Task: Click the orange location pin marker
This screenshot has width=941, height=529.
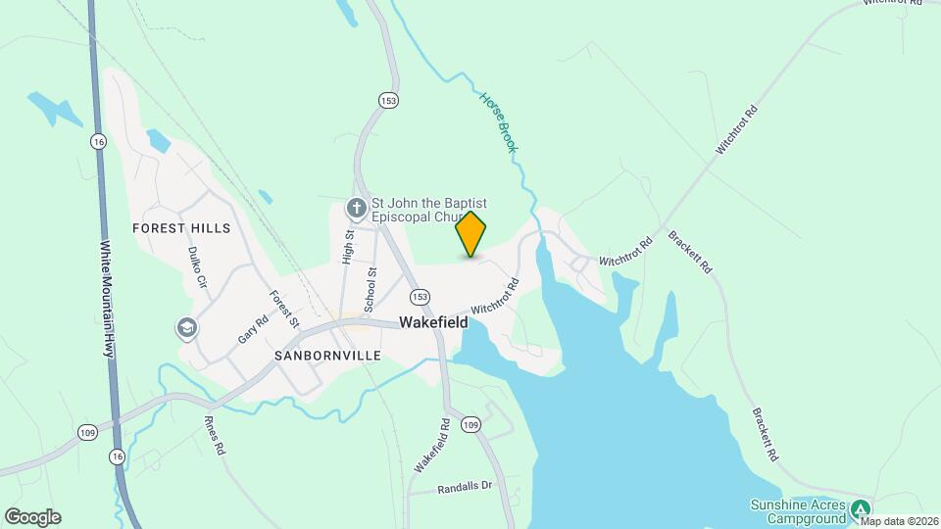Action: pyautogui.click(x=470, y=234)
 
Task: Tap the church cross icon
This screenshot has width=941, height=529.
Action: pyautogui.click(x=357, y=208)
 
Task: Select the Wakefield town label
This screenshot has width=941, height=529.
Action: pyautogui.click(x=439, y=322)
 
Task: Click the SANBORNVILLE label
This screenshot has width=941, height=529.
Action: pyautogui.click(x=327, y=356)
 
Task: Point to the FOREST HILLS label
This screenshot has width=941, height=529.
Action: pyautogui.click(x=182, y=228)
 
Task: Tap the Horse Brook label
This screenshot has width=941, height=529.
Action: pyautogui.click(x=498, y=122)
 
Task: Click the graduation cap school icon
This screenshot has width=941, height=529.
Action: pyautogui.click(x=185, y=327)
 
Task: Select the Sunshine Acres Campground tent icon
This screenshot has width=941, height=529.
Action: pyautogui.click(x=861, y=508)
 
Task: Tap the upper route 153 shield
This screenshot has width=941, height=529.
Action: pyautogui.click(x=388, y=99)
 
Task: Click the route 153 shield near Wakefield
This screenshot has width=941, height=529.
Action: pyautogui.click(x=421, y=297)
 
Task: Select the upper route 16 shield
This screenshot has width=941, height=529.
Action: pyautogui.click(x=97, y=141)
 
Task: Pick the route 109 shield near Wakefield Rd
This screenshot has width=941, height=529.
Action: pyautogui.click(x=471, y=424)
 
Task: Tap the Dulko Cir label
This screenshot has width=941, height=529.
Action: pyautogui.click(x=197, y=265)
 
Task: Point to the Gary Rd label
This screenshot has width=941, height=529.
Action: pyautogui.click(x=252, y=328)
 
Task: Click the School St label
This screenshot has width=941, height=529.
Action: pyautogui.click(x=371, y=290)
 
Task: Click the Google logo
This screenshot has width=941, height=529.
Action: pyautogui.click(x=32, y=517)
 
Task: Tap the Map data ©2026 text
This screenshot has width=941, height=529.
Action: pyautogui.click(x=899, y=521)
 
